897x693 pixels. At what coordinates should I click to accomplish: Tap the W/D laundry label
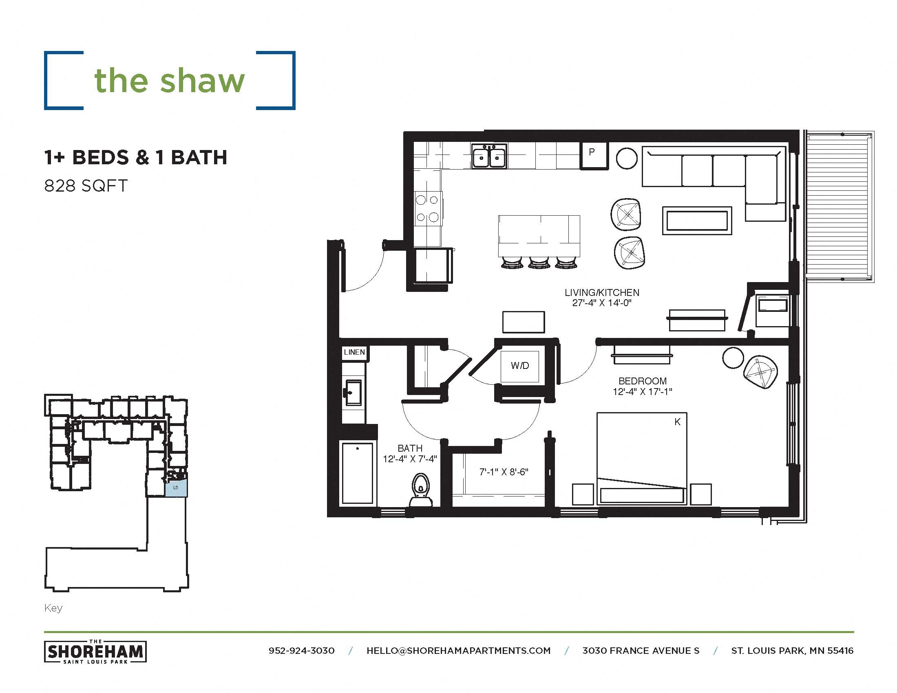519,365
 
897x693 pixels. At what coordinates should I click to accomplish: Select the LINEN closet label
354,352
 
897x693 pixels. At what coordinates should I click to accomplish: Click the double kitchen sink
489,157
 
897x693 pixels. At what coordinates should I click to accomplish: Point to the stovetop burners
427,209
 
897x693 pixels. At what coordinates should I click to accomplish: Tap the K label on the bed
677,422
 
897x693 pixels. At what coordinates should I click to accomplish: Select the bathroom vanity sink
352,392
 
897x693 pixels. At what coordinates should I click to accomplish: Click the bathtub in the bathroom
358,473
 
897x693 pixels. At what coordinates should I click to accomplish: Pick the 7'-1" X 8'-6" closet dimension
504,472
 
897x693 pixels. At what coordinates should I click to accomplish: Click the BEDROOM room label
642,381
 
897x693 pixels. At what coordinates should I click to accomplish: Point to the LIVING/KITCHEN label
602,293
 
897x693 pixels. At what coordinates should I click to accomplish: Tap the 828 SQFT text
86,186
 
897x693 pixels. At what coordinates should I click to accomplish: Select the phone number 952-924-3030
301,651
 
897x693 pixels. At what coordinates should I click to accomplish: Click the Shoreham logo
95,651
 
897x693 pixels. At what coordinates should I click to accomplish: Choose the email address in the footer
458,651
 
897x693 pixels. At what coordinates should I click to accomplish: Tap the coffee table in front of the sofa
697,221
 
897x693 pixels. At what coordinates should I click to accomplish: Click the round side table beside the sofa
627,159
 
